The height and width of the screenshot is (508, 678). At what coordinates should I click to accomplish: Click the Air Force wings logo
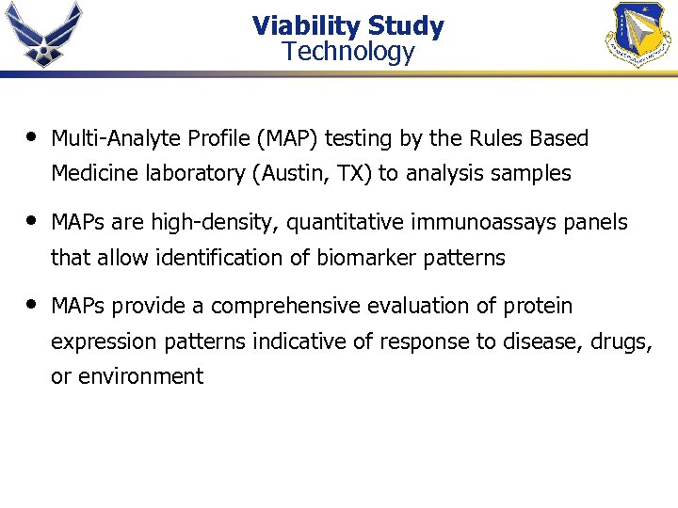42,33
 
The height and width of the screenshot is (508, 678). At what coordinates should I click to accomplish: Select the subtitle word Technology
348,52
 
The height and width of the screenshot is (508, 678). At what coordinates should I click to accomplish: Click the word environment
140,376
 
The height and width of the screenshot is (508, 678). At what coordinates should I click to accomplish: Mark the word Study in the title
407,25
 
